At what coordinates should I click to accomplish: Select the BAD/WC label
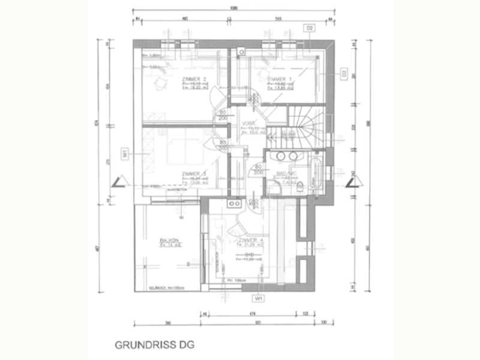click(282, 174)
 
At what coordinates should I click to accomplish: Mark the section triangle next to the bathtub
click(350, 182)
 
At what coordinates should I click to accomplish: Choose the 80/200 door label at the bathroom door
click(257, 169)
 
